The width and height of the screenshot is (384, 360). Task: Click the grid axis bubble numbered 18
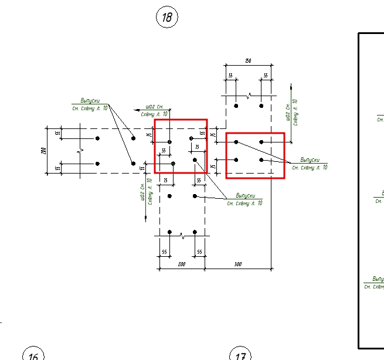click(x=167, y=17)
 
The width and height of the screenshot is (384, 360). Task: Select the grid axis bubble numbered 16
click(x=33, y=355)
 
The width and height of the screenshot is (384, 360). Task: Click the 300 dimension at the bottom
click(x=237, y=265)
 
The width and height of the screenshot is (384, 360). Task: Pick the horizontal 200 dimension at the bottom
click(x=181, y=265)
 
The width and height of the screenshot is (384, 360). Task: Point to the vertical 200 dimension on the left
click(x=43, y=151)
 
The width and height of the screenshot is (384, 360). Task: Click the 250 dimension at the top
click(x=249, y=61)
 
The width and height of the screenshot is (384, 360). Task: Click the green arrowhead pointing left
click(x=133, y=108)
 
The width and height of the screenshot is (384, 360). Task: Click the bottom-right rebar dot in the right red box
click(x=261, y=159)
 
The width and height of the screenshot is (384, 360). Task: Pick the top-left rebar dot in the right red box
click(x=236, y=142)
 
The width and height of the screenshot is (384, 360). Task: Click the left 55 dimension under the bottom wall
click(x=164, y=252)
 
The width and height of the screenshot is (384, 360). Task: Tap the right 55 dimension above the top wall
click(x=266, y=76)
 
